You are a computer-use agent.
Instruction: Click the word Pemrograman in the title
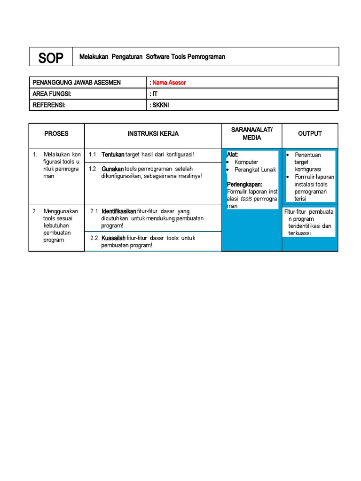tap(206, 57)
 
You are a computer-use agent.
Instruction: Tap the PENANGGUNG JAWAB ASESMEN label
tap(77, 83)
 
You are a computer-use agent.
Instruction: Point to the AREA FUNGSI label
tap(55, 94)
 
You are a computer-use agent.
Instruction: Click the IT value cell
tap(155, 94)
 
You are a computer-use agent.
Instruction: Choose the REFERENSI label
tap(49, 105)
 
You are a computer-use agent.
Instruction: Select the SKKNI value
tap(160, 105)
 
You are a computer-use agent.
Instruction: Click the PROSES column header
tap(56, 134)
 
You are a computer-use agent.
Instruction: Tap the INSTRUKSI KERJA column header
tap(153, 134)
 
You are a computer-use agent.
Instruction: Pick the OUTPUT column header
tap(310, 134)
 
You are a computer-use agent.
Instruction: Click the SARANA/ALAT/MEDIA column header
tap(252, 134)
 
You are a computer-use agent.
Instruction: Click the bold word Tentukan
tap(113, 155)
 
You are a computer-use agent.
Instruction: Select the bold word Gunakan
tap(113, 169)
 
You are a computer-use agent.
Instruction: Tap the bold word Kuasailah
tap(113, 238)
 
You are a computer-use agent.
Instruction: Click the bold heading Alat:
tap(232, 155)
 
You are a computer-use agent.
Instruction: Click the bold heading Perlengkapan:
tap(244, 184)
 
